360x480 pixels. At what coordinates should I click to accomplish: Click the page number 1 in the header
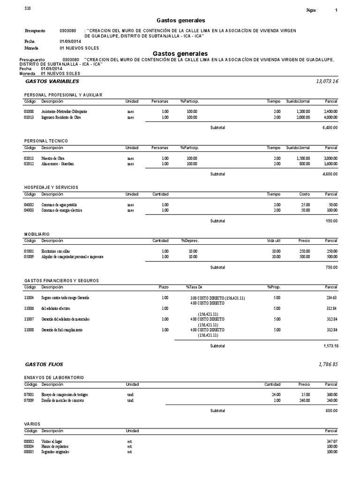pos(336,10)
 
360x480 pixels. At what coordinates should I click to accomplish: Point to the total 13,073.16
pos(327,82)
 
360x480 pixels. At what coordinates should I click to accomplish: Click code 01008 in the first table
pos(29,112)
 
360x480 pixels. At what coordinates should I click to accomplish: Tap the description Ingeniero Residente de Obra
pos(61,117)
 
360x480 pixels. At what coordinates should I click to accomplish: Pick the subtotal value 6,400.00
pos(330,127)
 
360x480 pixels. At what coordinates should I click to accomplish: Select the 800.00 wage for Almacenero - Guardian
pos(304,164)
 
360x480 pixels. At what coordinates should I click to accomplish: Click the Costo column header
pos(304,194)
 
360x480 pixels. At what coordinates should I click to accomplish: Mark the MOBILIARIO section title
pos(37,234)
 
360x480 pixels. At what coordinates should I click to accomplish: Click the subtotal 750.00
pos(331,267)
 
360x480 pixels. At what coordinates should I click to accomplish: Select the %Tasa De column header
pos(194,287)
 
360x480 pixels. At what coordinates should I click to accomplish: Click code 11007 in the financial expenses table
pos(29,319)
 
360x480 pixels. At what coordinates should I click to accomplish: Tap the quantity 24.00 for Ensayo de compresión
pos(275,395)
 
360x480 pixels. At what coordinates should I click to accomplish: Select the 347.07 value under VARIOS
pos(331,441)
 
